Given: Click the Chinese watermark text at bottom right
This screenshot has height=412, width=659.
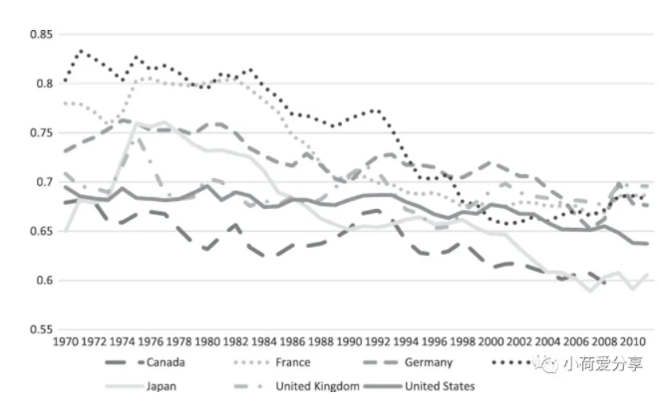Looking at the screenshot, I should pos(603,363).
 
